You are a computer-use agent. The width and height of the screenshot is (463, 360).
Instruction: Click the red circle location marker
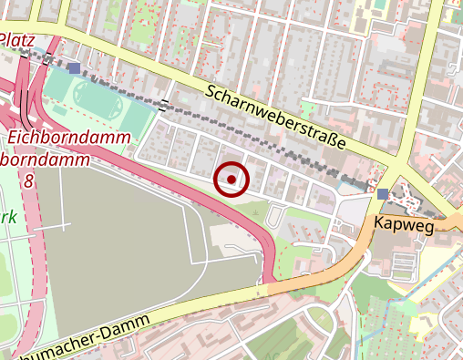coord(231,180)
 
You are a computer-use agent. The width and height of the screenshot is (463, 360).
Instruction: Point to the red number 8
coord(29,181)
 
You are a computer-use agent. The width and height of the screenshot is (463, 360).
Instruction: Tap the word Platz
coord(18,40)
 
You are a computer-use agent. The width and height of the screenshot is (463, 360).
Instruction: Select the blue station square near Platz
coord(73,67)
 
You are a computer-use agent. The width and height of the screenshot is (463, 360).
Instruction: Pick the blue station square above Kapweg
coord(382,193)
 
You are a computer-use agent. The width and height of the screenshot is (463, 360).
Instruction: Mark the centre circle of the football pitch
coord(91,94)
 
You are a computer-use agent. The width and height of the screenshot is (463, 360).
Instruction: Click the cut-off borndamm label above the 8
coord(46,159)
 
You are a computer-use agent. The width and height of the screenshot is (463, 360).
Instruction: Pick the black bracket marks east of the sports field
coord(163,105)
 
